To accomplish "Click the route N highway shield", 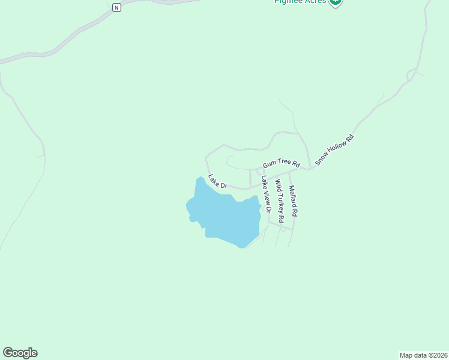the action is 116,7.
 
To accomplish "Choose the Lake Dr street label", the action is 217,182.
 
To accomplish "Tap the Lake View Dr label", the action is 266,194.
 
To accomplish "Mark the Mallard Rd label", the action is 293,200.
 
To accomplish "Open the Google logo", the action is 20,353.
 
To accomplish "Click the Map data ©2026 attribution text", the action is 423,355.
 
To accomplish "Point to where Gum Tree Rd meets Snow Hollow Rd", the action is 309,169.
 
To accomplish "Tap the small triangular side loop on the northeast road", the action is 411,74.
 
